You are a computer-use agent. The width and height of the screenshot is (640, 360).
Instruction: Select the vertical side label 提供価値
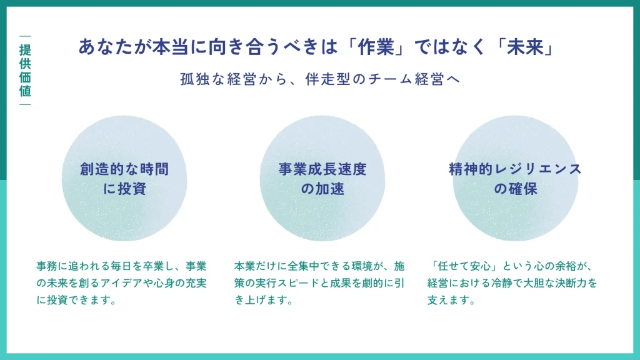click(25, 70)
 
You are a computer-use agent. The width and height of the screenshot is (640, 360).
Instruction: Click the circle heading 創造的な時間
click(124, 169)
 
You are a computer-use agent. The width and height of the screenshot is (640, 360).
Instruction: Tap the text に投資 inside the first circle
click(124, 188)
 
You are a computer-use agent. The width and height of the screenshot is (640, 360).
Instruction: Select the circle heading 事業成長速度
click(322, 169)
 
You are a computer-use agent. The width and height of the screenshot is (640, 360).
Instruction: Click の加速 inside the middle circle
click(322, 188)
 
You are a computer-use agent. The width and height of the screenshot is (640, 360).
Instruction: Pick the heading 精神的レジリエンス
click(515, 169)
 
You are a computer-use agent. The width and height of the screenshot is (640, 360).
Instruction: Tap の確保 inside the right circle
click(515, 188)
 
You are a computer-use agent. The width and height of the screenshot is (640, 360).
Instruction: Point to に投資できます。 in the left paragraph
click(77, 300)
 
